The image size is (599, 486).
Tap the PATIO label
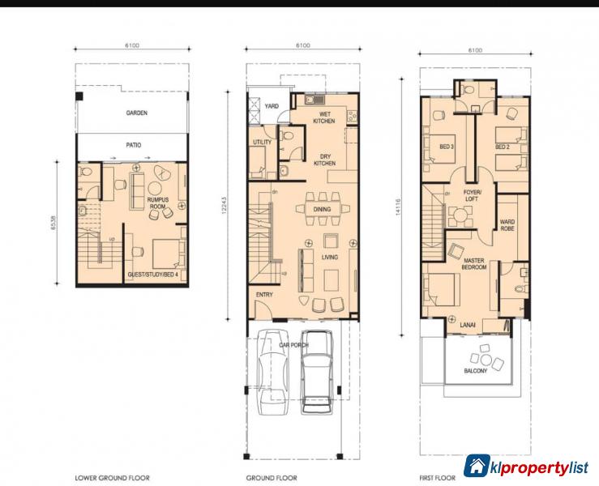pyautogui.click(x=134, y=145)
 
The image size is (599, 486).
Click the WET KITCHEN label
pyautogui.click(x=324, y=117)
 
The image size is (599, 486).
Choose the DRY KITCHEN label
pyautogui.click(x=324, y=160)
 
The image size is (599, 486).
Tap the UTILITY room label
pyautogui.click(x=262, y=142)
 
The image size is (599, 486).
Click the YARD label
pyautogui.click(x=272, y=106)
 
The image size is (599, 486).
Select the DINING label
pyautogui.click(x=323, y=209)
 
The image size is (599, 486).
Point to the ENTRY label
pyautogui.click(x=264, y=295)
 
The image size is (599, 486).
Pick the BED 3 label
pyautogui.click(x=446, y=147)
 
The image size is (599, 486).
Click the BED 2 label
pyautogui.click(x=503, y=147)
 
